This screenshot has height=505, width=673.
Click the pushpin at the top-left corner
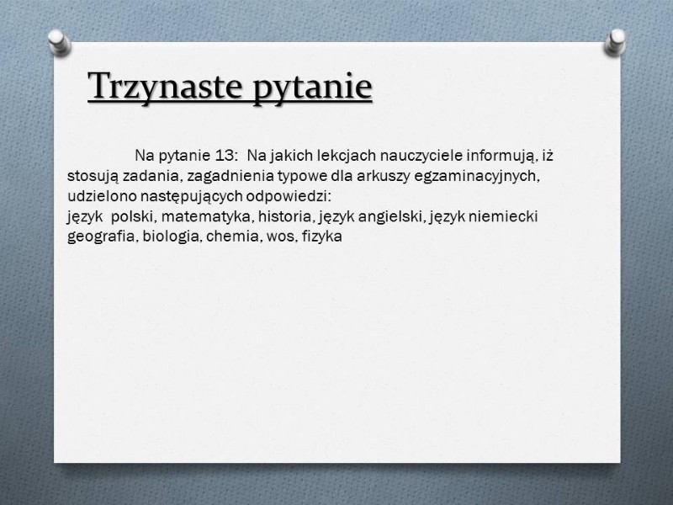tap(59, 42)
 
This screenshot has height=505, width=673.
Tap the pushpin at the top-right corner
tap(615, 42)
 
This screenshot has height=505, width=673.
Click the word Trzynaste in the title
tap(165, 86)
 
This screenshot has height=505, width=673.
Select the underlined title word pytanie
tap(311, 88)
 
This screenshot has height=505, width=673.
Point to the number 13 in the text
tap(224, 156)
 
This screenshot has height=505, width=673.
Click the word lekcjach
tap(347, 156)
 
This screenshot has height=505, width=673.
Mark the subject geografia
tap(102, 237)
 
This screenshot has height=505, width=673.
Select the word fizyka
tap(322, 237)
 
